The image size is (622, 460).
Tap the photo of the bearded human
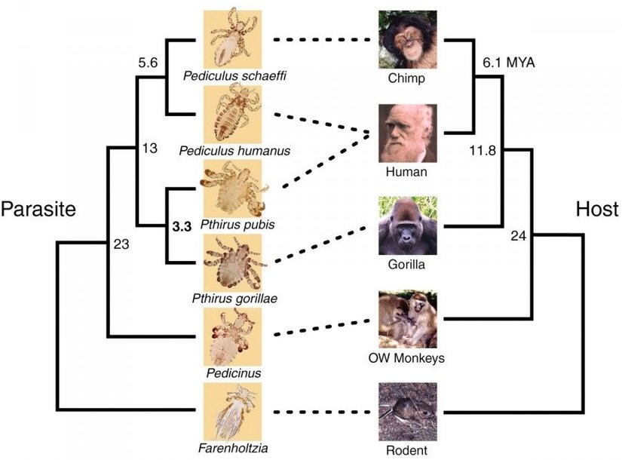click(x=407, y=133)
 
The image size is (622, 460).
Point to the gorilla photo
click(x=407, y=225)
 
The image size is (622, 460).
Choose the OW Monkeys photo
click(x=407, y=318)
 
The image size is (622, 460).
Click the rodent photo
click(x=407, y=412)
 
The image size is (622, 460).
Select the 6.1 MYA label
click(x=510, y=63)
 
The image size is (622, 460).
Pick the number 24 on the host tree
click(x=518, y=236)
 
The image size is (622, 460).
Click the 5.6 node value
click(x=147, y=63)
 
